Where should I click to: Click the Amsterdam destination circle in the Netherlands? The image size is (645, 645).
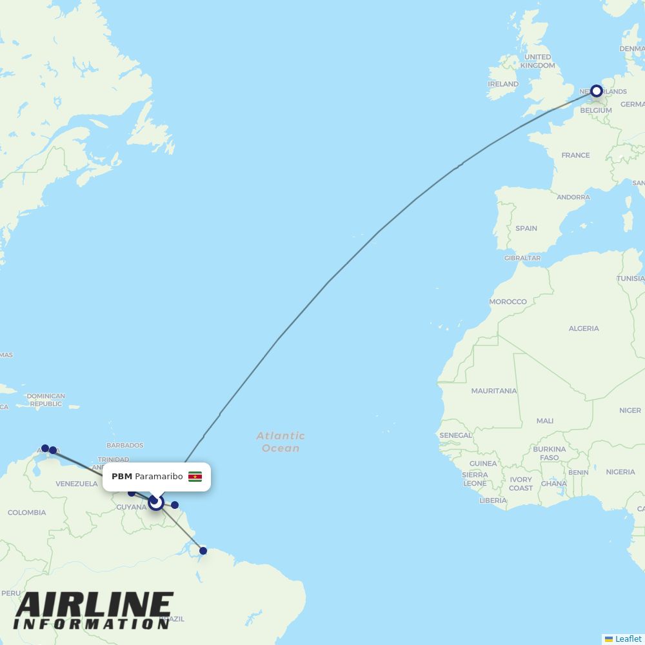coord(597,91)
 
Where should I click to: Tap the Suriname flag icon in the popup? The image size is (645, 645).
coord(195,477)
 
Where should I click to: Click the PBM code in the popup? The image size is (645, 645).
coord(121,477)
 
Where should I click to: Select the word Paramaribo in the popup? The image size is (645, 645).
coord(159,477)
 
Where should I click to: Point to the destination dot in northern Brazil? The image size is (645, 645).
coord(203,551)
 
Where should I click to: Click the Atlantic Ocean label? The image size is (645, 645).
coord(281,442)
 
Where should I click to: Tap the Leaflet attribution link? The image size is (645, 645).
coord(628,639)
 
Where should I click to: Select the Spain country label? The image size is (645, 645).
coord(526,228)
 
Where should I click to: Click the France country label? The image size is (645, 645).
coord(575,155)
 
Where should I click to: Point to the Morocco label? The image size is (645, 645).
coord(508,302)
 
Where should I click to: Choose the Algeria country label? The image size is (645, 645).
coord(584,328)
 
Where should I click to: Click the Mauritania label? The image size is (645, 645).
coord(494,391)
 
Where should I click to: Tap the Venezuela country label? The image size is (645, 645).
coord(77,484)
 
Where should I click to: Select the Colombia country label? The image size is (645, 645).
coord(26,513)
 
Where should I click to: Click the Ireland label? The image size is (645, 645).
coord(503,84)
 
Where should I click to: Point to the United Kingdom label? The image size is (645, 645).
coord(537,61)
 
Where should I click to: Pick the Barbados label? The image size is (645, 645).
coord(125,446)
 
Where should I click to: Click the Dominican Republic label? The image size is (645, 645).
coord(46,400)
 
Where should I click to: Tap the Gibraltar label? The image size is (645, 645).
coord(522,258)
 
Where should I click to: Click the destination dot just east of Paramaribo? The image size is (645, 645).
coord(175,505)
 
